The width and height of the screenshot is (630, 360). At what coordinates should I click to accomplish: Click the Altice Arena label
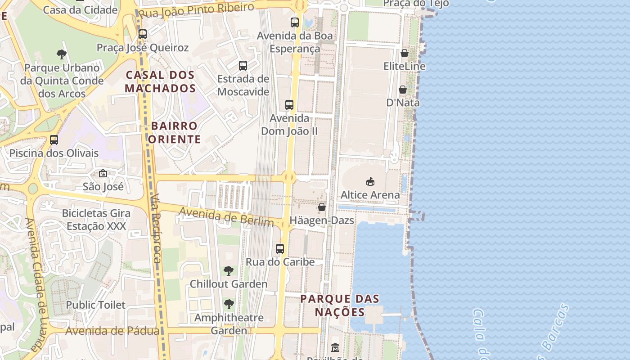coord(370,195)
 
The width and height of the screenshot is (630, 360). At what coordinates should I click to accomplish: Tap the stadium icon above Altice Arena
coord(370,181)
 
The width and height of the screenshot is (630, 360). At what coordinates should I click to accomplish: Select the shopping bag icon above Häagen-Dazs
coord(322,207)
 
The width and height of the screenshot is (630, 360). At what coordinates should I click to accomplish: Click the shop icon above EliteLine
coord(404,53)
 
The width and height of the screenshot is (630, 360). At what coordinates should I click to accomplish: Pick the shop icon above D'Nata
coord(403,90)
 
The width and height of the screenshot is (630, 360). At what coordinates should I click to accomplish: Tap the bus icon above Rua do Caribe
coord(280,248)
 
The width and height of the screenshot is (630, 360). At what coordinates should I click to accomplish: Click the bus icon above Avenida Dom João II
coord(289,105)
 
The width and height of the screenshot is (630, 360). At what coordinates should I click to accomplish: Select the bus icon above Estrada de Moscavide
coord(243,66)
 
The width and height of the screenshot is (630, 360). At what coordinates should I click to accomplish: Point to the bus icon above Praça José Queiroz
coord(143,34)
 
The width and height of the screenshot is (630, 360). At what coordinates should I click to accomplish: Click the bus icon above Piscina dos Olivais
coord(54,139)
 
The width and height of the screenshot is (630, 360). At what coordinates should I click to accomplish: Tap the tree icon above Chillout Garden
coord(229,270)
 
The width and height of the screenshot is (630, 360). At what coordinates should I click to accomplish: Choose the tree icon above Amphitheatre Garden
coord(229,304)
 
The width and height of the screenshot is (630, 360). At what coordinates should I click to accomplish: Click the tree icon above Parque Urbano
coord(62,54)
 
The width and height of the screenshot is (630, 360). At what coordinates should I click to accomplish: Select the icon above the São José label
coord(103,173)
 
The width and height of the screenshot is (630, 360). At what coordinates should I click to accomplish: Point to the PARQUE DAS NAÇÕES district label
coord(340,305)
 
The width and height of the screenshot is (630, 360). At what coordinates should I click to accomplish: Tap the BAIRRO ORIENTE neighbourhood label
coord(174,132)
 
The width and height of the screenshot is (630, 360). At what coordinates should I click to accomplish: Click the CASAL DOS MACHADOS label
coord(160,81)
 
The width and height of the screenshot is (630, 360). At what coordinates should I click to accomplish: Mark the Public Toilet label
coord(96,305)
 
